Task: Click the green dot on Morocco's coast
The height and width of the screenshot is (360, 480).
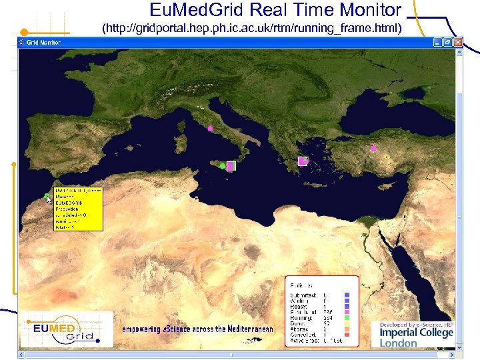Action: point(47,195)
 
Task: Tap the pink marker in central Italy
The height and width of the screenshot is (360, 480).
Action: point(211,128)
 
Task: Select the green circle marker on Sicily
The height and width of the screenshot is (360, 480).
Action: point(222,166)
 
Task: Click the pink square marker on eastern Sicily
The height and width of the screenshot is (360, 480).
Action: point(231,166)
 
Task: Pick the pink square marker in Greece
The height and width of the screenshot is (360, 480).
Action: point(302,161)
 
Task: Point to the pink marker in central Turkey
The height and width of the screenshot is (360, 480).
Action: point(374,148)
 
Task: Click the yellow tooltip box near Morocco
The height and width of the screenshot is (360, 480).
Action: point(78,209)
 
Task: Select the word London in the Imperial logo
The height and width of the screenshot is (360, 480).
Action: point(399,343)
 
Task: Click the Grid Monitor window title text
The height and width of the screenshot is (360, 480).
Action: point(43,42)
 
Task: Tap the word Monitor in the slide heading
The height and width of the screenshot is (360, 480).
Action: point(367,9)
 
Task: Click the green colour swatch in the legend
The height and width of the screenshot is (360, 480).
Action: point(347,317)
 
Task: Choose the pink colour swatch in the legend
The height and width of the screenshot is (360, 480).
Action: point(347,311)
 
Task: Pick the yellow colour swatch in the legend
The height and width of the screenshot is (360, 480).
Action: point(347,323)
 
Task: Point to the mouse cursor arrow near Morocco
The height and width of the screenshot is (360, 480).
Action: point(49,199)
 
